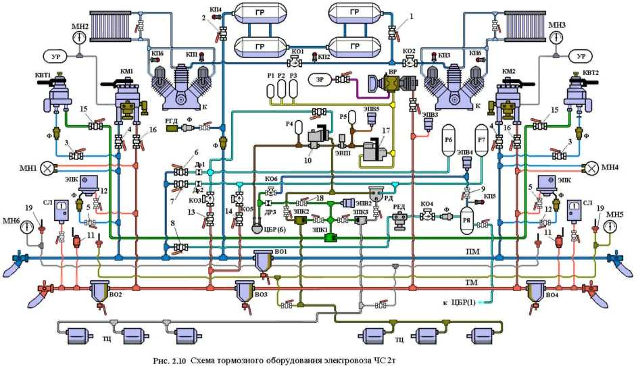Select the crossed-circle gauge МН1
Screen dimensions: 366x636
pyautogui.click(x=47, y=167)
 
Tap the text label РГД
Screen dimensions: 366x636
pyautogui.click(x=172, y=122)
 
